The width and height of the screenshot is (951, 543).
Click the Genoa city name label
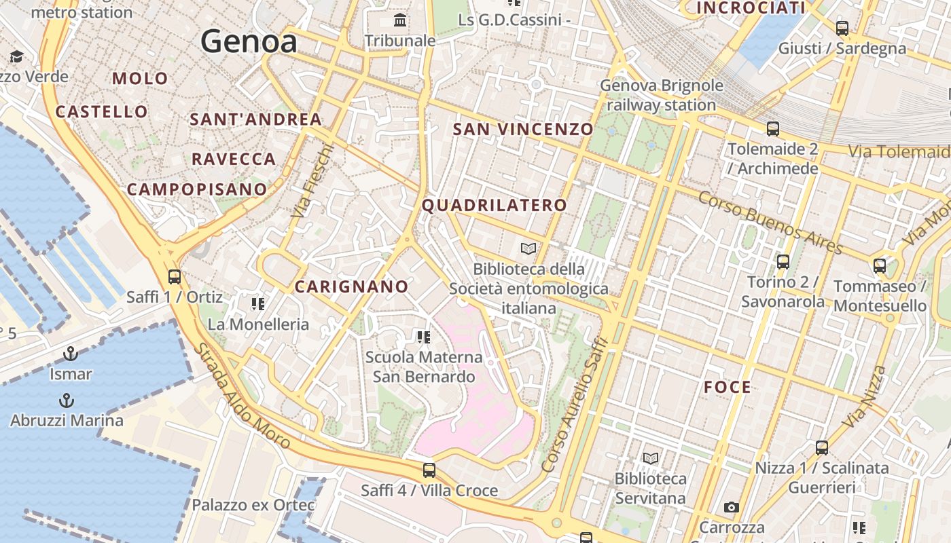coord(249,42)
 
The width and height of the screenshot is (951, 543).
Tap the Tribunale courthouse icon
coord(400,20)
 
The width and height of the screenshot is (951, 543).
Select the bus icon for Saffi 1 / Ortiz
coord(175,276)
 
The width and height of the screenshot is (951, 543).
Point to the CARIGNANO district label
coord(351,286)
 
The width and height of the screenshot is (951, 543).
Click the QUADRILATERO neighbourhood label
coord(495,205)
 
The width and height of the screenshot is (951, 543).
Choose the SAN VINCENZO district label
coord(523,129)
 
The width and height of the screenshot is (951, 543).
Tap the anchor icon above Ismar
coord(70,354)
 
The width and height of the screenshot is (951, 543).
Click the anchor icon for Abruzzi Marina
coord(67,400)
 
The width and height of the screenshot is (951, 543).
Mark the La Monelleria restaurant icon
coord(257,303)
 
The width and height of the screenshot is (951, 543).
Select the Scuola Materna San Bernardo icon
coord(424,337)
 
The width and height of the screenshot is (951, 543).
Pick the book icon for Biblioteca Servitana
coord(651,458)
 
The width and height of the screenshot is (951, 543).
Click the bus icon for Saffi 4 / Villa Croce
coord(429,470)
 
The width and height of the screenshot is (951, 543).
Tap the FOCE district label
coord(728,388)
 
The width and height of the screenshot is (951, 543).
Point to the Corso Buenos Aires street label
coord(770,221)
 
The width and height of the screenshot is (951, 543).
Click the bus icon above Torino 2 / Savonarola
coord(783,261)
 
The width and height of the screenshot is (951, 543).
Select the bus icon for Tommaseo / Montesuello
coord(880,265)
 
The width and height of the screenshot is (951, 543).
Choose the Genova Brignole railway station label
coord(662,96)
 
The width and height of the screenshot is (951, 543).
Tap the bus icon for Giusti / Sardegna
coord(842,28)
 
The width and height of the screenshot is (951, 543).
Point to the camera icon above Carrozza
coord(732,507)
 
